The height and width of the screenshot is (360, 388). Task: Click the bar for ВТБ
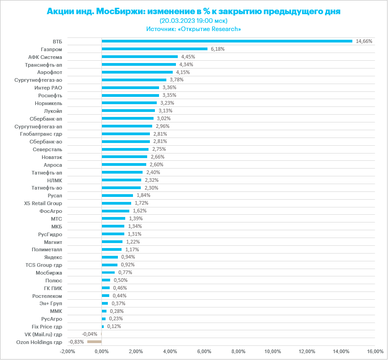click(227, 41)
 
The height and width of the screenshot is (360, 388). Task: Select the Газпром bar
click(154, 49)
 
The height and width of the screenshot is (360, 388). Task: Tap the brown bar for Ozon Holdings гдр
click(94, 342)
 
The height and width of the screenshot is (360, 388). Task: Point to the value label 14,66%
click(364, 41)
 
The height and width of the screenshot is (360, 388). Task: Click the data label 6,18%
click(218, 49)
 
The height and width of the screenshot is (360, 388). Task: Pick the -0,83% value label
click(76, 342)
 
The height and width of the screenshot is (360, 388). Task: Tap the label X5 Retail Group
click(43, 203)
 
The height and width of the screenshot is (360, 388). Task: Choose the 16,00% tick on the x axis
click(375, 351)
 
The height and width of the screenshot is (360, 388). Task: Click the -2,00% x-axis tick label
click(67, 351)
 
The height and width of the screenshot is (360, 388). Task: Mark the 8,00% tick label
click(238, 351)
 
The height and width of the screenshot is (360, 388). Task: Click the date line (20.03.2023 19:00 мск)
click(193, 21)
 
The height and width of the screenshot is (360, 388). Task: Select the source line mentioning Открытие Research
click(193, 29)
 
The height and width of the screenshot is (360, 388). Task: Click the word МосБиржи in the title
click(119, 11)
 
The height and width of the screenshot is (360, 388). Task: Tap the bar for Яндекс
click(110, 257)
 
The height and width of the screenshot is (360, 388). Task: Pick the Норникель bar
click(129, 103)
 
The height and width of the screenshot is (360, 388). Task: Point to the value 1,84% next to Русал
click(143, 195)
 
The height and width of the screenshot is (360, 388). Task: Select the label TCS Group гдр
click(43, 265)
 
